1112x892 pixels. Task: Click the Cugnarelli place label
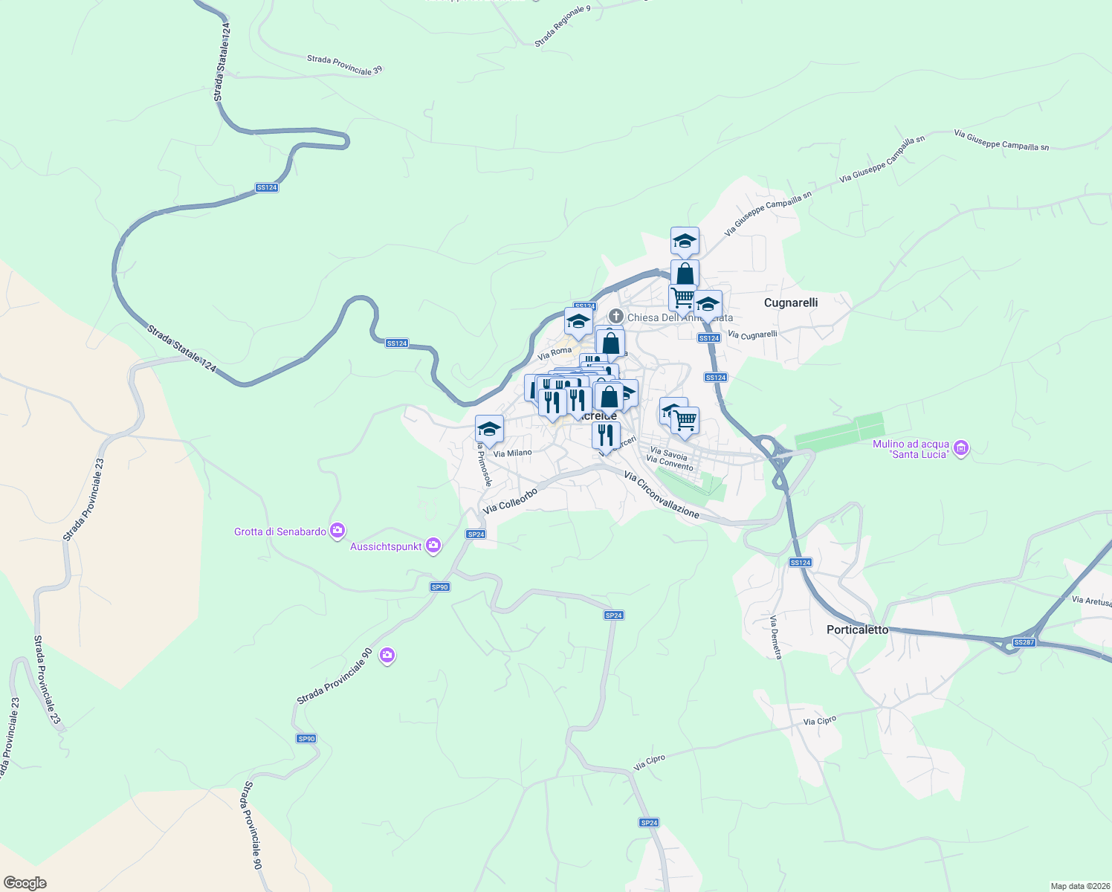coord(791,303)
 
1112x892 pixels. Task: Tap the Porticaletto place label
coord(857,630)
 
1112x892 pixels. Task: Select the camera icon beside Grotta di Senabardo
coord(337,530)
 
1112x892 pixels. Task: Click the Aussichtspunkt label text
coord(386,546)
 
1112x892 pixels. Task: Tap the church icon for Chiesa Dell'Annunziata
coord(615,317)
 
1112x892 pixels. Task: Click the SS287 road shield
coord(1024,642)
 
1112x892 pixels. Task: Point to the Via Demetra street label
coord(776,637)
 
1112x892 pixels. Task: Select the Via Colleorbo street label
coord(510,501)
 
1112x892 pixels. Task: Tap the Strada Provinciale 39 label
coord(345,65)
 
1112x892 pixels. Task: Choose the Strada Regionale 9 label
coord(562,26)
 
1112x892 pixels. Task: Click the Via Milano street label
coord(513,453)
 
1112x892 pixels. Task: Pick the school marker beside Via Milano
coord(489,429)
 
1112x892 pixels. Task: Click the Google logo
coord(25,883)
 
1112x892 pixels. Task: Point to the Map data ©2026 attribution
coord(1079,886)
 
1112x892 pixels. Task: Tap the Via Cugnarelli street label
coord(752,335)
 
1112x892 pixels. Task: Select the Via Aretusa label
coord(1091,601)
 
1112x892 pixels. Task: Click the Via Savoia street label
coord(668,453)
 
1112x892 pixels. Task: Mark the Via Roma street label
coord(555,352)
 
